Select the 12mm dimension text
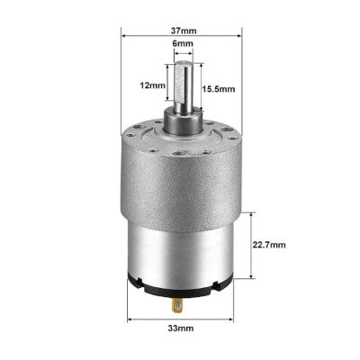[152, 86]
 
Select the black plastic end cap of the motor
[162, 289]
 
